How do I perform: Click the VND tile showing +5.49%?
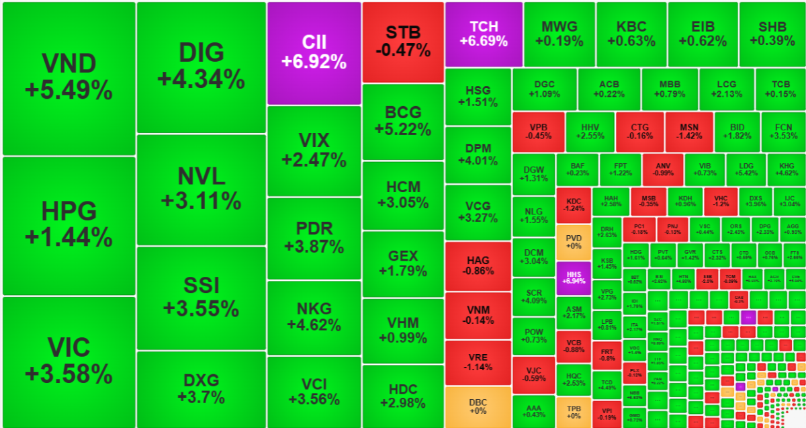click(x=69, y=78)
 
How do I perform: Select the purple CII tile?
click(x=314, y=52)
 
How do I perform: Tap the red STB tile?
click(x=403, y=42)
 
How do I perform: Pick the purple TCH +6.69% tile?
click(x=484, y=34)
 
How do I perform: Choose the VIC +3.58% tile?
click(x=69, y=361)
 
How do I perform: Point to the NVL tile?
click(x=201, y=189)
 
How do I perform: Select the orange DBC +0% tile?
click(x=478, y=406)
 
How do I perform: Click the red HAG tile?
click(x=478, y=266)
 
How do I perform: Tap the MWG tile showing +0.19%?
click(x=559, y=34)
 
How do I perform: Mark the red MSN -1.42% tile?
click(x=689, y=131)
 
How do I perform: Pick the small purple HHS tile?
click(x=574, y=278)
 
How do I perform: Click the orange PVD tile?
click(x=574, y=242)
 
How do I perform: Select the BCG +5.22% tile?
click(x=403, y=121)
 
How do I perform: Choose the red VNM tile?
click(x=478, y=315)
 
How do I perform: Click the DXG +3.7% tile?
click(x=201, y=388)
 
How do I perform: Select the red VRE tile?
click(x=478, y=362)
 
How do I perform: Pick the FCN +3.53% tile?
click(x=782, y=131)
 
